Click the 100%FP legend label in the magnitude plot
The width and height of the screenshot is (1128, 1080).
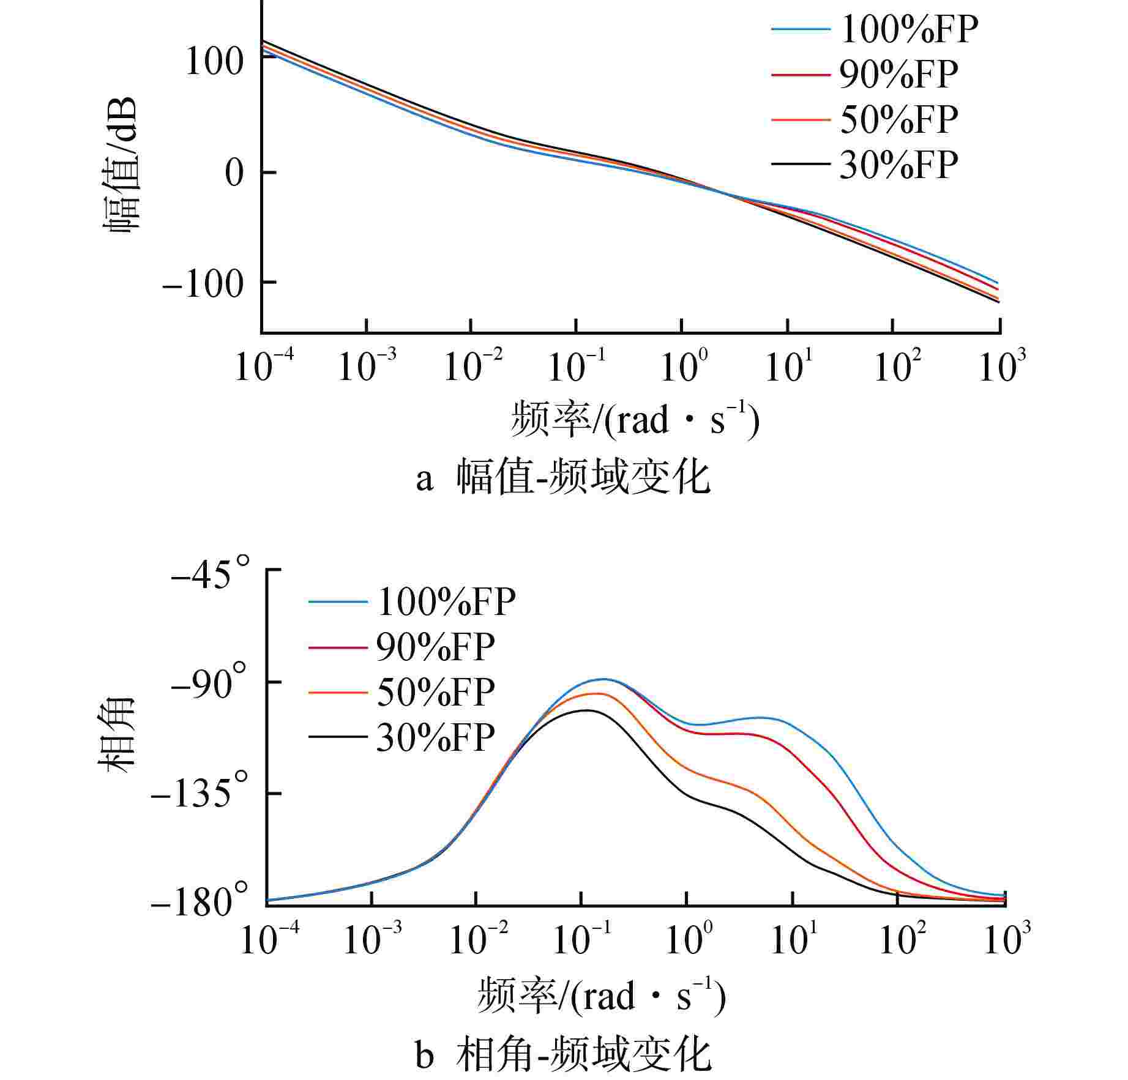[x=909, y=29]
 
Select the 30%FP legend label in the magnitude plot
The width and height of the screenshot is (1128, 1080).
[x=898, y=165]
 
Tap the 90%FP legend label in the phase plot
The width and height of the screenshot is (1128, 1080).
[x=435, y=647]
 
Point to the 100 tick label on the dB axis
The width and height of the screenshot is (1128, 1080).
[x=214, y=62]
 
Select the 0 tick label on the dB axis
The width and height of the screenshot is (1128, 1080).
[x=234, y=173]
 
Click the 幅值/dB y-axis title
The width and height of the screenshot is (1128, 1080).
[x=121, y=164]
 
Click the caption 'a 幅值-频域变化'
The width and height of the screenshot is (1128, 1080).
[x=563, y=478]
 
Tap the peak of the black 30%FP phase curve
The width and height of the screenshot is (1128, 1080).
[x=586, y=710]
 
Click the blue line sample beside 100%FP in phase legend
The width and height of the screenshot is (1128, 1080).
[x=338, y=602]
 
